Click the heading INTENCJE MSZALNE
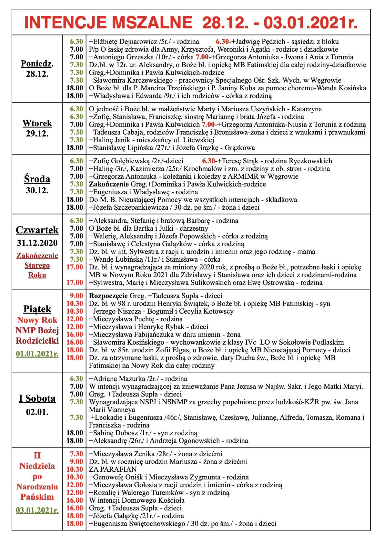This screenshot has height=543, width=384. (108, 23)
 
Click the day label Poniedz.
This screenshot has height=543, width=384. (37, 64)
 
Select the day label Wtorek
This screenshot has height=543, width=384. (37, 123)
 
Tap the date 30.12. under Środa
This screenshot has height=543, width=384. (37, 190)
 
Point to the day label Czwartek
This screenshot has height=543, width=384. (37, 230)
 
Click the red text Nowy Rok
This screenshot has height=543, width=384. (37, 320)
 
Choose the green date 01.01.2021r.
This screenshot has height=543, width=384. (37, 354)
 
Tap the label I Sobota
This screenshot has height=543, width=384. (37, 398)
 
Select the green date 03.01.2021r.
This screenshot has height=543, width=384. (37, 510)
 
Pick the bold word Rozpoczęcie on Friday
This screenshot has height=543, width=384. (108, 296)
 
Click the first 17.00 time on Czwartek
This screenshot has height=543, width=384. (75, 267)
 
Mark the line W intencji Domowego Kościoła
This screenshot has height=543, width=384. (137, 500)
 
